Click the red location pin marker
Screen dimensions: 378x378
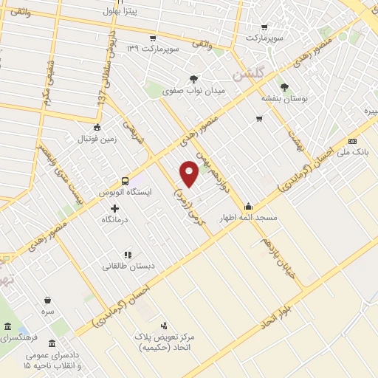pyautogui.click(x=190, y=173)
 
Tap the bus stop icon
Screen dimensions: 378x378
pyautogui.click(x=125, y=180)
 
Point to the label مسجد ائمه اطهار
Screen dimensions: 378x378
pyautogui.click(x=247, y=219)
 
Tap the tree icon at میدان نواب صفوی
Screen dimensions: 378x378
pyautogui.click(x=193, y=78)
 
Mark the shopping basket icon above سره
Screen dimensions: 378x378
pyautogui.click(x=48, y=300)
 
